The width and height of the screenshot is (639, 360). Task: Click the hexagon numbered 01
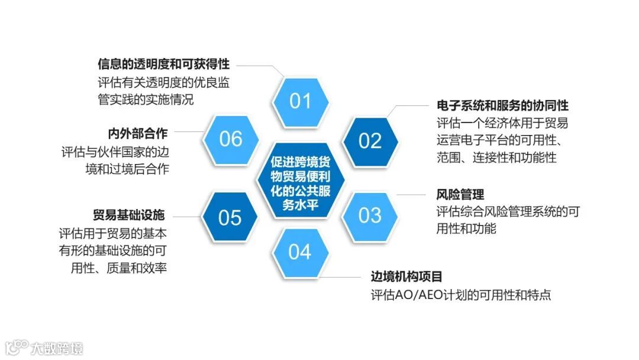tap(300, 101)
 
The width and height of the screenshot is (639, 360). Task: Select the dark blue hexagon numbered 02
tap(370, 141)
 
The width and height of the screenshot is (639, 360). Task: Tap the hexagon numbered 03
tap(370, 215)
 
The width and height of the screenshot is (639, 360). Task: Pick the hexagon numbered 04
tap(300, 252)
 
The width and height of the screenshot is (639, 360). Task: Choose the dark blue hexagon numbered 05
tap(230, 217)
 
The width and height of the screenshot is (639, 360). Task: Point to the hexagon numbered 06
tap(231, 139)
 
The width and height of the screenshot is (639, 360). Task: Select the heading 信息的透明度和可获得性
tap(163, 64)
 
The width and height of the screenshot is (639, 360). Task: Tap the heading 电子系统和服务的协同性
tap(502, 105)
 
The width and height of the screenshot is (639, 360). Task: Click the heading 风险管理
tap(460, 194)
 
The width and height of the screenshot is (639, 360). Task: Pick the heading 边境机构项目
tap(406, 277)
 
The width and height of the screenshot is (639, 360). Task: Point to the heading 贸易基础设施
tap(128, 214)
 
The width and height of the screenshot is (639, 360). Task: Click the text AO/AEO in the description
tap(421, 294)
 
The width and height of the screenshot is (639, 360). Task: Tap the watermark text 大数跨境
tap(57, 348)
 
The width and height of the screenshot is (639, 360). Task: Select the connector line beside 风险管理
tap(412, 194)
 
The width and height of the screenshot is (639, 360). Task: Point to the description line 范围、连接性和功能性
tap(496, 157)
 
